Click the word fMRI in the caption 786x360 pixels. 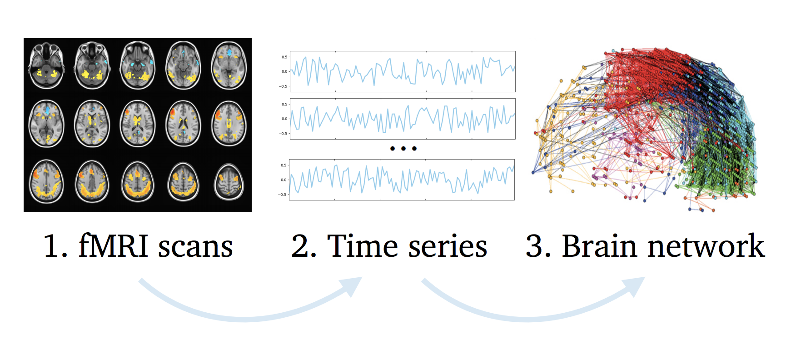click(x=114, y=246)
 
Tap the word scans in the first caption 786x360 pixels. click(x=195, y=248)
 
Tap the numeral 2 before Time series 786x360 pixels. click(x=300, y=246)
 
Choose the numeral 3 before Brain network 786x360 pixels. click(x=534, y=246)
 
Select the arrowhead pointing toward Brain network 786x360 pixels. click(x=635, y=286)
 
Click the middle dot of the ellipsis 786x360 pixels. click(x=403, y=149)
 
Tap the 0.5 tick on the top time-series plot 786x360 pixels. click(x=284, y=57)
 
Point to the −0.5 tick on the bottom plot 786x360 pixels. click(x=283, y=195)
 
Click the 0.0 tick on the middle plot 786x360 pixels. click(x=284, y=119)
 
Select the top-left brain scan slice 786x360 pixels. click(x=46, y=65)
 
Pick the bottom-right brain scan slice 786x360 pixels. click(x=229, y=182)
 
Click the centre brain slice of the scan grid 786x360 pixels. click(x=138, y=124)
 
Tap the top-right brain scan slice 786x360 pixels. click(x=229, y=65)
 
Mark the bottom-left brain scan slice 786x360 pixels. click(x=46, y=181)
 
